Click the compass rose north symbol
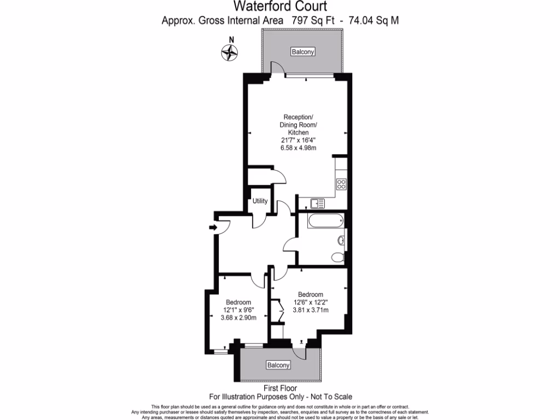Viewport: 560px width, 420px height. [230, 52]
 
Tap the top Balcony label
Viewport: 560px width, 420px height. [303, 52]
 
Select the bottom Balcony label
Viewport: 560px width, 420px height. [278, 365]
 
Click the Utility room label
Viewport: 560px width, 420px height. [260, 201]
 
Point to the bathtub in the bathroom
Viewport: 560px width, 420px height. [325, 221]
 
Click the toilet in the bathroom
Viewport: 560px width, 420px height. [338, 257]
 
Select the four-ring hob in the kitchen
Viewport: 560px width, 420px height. [341, 184]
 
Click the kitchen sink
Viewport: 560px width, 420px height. [317, 203]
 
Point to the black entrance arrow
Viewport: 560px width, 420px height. [213, 227]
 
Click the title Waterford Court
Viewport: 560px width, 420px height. [281, 7]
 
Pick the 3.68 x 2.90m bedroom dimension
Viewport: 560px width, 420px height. [238, 318]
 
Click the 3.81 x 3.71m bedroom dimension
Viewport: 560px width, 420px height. [311, 310]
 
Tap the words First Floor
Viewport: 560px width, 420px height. [280, 388]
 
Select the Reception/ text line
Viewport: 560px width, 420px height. [298, 117]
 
